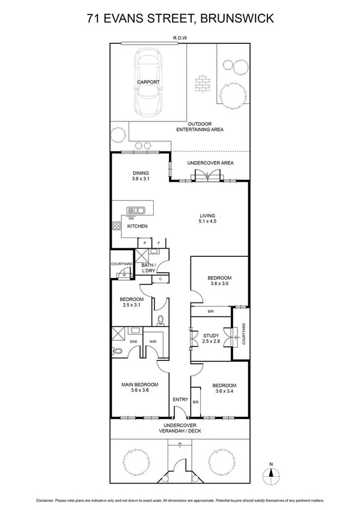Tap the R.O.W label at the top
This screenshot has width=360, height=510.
[x=180, y=38]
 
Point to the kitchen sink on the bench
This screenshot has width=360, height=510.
[x=136, y=210]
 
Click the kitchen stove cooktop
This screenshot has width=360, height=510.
[x=116, y=227]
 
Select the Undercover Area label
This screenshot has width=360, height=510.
[x=210, y=163]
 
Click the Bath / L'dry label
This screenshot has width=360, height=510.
[x=148, y=268]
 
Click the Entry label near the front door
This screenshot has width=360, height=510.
[x=180, y=400]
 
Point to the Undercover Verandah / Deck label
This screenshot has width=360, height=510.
[x=180, y=431]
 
